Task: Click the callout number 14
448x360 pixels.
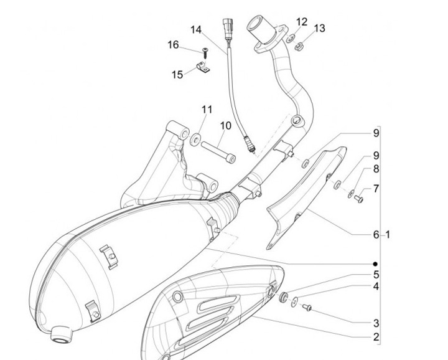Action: coord(196,30)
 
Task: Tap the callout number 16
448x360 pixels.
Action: coord(172,45)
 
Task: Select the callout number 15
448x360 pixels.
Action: coord(177,75)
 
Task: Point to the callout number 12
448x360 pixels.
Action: coord(301,22)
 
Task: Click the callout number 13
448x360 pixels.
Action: coord(319,29)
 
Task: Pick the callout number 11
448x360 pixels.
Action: coord(206,110)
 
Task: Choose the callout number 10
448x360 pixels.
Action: coord(225,126)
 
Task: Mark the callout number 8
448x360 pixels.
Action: coord(376,169)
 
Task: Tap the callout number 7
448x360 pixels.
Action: coord(376,189)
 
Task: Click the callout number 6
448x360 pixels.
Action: coord(376,235)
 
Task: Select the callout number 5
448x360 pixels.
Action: coord(376,274)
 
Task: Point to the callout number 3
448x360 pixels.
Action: coord(376,323)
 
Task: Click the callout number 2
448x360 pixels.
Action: coord(376,338)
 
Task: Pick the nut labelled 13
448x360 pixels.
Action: coord(298,45)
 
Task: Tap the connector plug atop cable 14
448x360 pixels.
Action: coord(228,29)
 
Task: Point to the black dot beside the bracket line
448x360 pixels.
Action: coord(376,263)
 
